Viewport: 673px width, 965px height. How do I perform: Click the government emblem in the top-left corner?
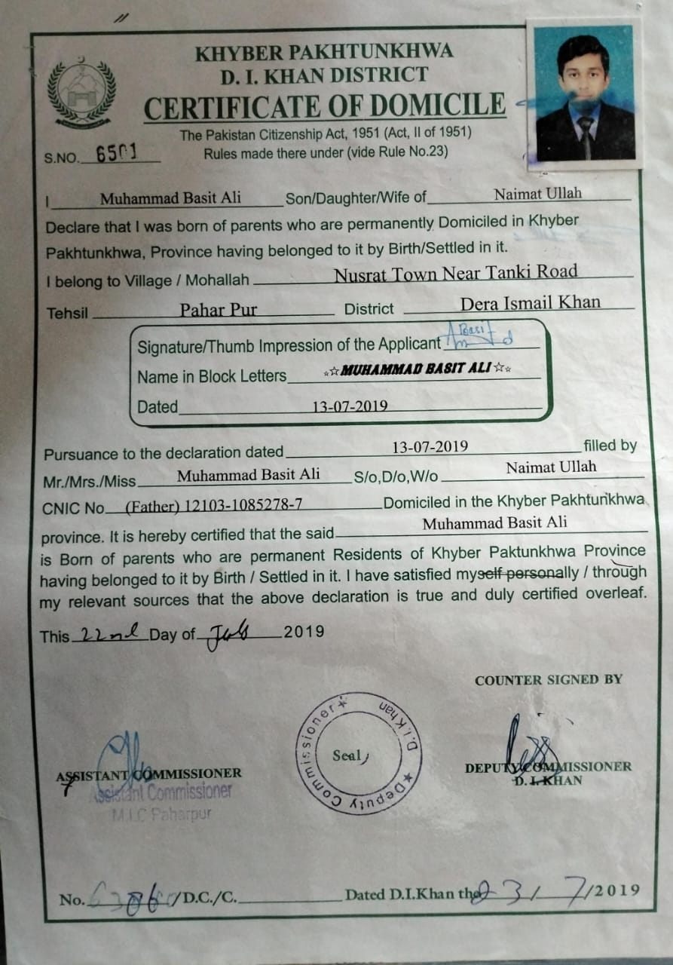click(81, 94)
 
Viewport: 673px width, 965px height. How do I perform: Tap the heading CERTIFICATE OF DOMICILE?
click(325, 106)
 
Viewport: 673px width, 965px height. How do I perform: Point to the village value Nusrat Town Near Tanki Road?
click(456, 272)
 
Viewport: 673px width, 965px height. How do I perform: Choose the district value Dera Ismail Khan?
click(530, 303)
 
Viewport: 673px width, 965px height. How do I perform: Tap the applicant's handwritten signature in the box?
click(486, 336)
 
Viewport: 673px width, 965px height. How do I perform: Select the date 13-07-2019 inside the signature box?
click(350, 406)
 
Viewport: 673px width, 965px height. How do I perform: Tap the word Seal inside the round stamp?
click(347, 755)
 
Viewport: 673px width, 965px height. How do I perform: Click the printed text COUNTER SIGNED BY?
click(548, 680)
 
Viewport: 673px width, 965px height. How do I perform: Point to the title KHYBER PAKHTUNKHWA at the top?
click(324, 53)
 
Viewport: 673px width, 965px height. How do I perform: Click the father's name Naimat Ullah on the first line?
click(537, 194)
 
